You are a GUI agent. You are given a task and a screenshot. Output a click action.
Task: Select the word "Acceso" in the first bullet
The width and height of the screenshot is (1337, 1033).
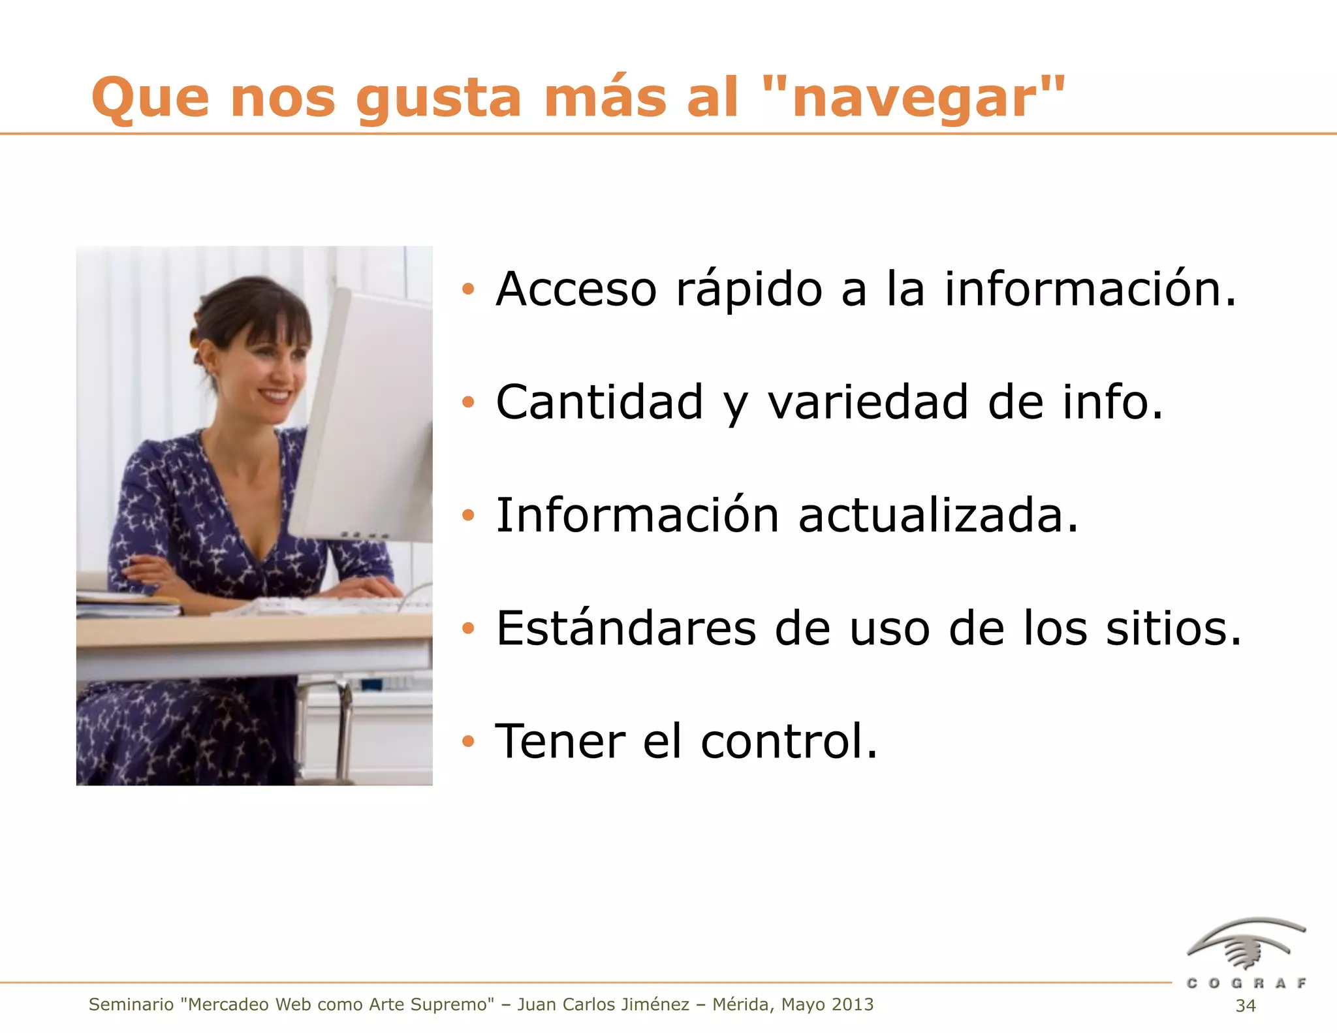(x=576, y=289)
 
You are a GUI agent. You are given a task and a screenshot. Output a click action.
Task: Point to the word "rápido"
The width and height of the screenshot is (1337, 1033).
(x=749, y=290)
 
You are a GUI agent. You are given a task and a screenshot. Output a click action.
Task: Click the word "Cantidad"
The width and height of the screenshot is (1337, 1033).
(x=599, y=402)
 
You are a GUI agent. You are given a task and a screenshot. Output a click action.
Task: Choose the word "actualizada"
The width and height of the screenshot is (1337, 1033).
(x=938, y=515)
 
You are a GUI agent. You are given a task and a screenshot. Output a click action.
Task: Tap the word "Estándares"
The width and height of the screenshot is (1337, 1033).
(x=626, y=628)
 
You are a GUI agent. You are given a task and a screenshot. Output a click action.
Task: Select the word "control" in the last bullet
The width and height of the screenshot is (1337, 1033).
(x=789, y=741)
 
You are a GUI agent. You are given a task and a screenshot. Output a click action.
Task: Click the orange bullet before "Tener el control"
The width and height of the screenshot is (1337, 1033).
(x=467, y=741)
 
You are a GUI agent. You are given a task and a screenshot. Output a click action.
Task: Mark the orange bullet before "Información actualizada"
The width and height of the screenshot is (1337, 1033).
(x=467, y=515)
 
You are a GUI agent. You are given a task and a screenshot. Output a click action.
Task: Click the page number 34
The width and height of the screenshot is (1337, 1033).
(x=1246, y=1006)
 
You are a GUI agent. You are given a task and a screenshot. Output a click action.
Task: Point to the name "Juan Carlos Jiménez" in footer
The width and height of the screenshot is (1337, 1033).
(x=603, y=1004)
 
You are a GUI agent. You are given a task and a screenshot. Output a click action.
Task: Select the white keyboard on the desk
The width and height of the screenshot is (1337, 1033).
(x=326, y=605)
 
